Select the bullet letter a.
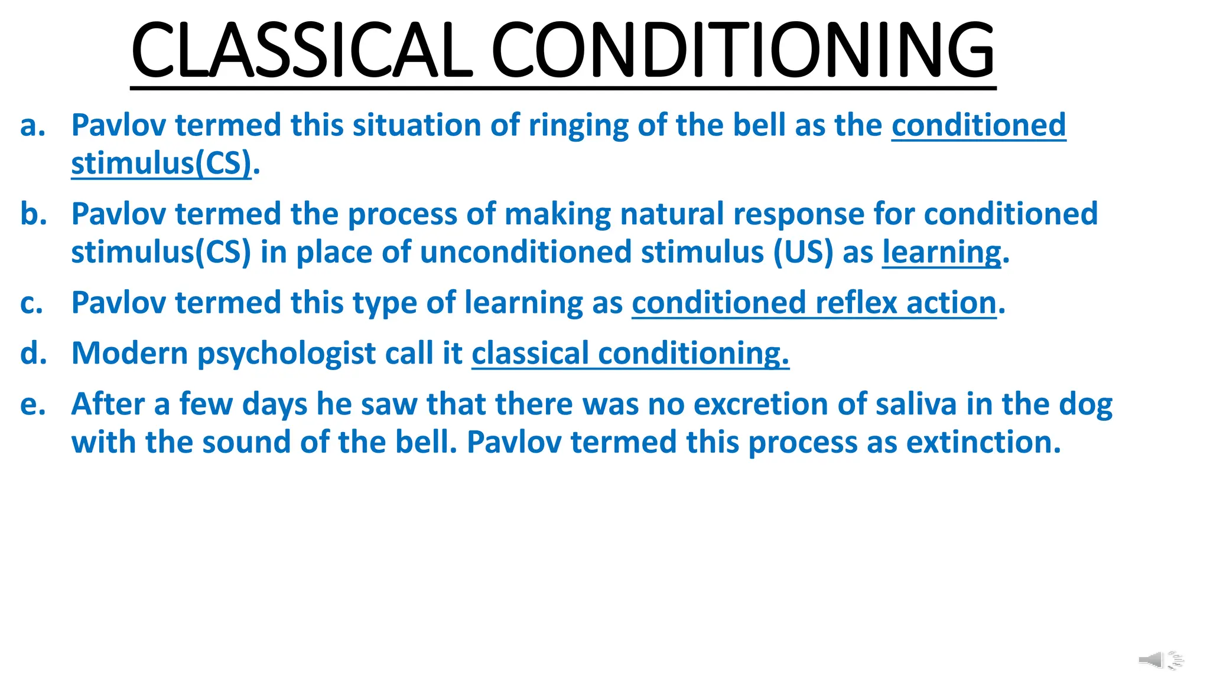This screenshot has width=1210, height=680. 32,126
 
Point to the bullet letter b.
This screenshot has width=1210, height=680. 33,214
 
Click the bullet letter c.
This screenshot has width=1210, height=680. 32,303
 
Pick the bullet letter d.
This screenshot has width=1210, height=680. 33,354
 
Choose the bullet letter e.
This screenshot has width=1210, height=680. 32,405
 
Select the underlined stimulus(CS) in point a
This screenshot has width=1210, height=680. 161,164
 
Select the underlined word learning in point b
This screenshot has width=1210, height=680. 942,253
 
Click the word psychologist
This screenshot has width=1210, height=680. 286,354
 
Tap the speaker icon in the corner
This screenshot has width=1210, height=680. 1160,660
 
